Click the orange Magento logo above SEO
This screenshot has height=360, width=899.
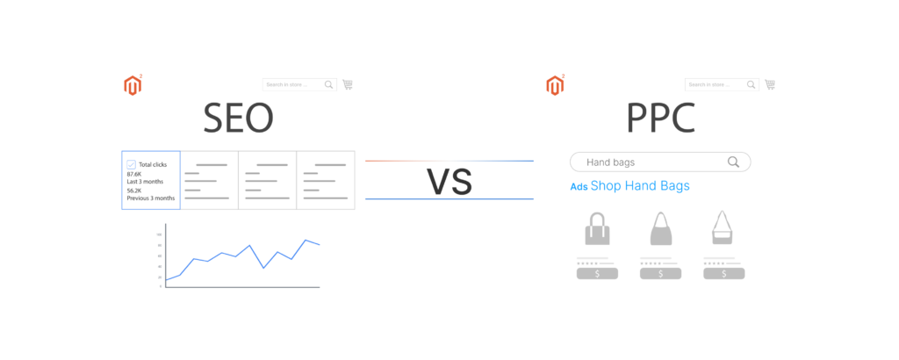point(133,85)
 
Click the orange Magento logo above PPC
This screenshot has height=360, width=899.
point(555,85)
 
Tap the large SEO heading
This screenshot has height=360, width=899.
point(238,119)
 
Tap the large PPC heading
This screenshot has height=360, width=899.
point(660,119)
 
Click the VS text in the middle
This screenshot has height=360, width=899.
point(449,181)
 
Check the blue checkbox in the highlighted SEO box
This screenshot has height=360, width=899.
point(132,164)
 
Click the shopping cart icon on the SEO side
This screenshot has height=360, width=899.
point(348,84)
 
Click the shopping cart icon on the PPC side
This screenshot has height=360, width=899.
point(770,84)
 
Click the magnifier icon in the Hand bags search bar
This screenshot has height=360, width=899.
point(733,162)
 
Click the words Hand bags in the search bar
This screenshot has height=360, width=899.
point(610,162)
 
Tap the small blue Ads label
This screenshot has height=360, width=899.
point(578,187)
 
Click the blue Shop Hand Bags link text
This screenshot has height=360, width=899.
point(640,186)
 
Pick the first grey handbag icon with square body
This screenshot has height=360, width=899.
point(597,229)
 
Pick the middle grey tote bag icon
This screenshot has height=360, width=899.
point(660,229)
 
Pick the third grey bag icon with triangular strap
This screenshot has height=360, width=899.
point(723,228)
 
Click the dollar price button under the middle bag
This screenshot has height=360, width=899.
point(660,273)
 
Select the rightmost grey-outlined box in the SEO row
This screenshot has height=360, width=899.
point(326,180)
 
